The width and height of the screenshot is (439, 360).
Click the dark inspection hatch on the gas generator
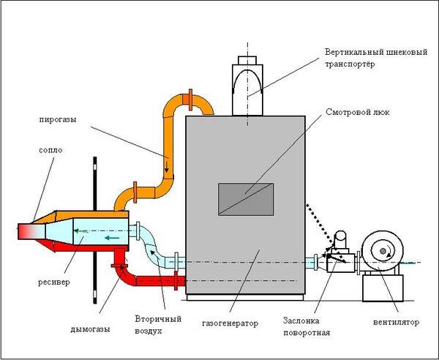click(x=246, y=199)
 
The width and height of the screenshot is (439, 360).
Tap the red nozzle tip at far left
click(x=24, y=232)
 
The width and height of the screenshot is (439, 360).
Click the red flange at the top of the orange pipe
click(x=190, y=97)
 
